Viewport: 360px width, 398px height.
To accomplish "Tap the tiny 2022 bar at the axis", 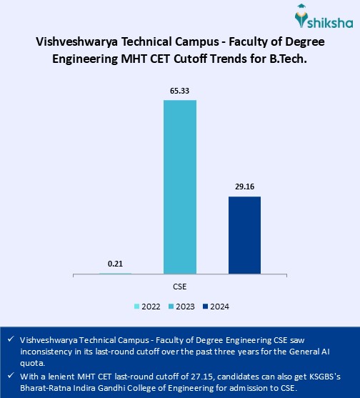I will coord(115,273).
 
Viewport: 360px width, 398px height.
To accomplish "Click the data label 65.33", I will coord(180,91).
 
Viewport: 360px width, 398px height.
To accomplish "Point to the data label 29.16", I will coord(244,188).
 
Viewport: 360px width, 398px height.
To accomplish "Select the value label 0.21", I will coord(115,264).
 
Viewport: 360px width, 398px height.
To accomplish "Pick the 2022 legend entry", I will coord(147,306).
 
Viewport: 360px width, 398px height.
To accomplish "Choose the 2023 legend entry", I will coord(181,306).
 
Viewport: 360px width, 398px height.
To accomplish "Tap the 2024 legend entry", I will coord(216,306).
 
